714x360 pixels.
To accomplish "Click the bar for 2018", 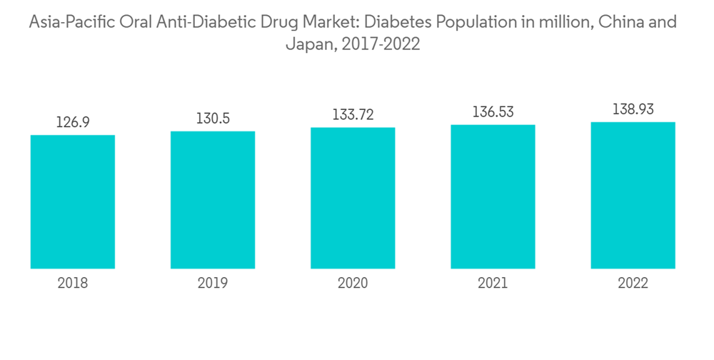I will (x=73, y=201).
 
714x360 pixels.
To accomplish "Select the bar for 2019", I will (x=213, y=200).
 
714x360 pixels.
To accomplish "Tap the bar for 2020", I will (x=353, y=198).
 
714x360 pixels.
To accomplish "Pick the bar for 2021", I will (x=493, y=196).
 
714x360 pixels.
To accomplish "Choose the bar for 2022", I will (x=633, y=195).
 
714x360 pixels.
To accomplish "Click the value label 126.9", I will (x=73, y=122).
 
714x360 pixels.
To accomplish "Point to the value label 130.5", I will (x=213, y=119).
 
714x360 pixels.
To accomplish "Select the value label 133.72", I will (x=353, y=115).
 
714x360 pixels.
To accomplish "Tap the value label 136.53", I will (x=493, y=112).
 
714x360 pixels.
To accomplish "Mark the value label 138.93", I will (x=633, y=110).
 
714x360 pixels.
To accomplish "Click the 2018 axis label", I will (x=73, y=284).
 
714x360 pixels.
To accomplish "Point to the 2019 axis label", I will (x=213, y=284).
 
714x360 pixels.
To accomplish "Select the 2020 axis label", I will (x=353, y=284).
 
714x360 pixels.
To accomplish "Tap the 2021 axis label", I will (x=493, y=284).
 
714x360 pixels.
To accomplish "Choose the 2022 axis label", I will (x=633, y=284).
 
